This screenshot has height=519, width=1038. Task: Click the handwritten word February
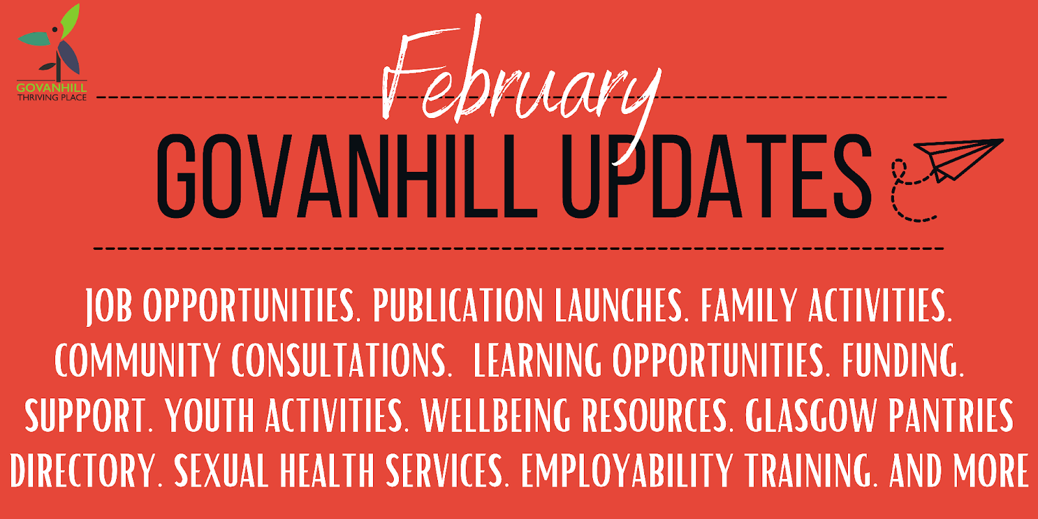[522, 88]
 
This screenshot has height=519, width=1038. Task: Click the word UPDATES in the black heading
[718, 176]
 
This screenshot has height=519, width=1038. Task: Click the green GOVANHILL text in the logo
[51, 88]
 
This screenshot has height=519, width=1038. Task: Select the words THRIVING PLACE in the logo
[52, 97]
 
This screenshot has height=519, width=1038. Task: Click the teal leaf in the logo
[35, 38]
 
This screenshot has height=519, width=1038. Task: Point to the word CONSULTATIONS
[341, 360]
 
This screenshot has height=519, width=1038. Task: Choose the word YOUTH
[210, 415]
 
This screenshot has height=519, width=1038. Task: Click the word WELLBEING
[496, 415]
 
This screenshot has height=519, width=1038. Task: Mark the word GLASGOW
[811, 415]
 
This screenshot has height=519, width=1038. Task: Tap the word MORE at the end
[991, 470]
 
